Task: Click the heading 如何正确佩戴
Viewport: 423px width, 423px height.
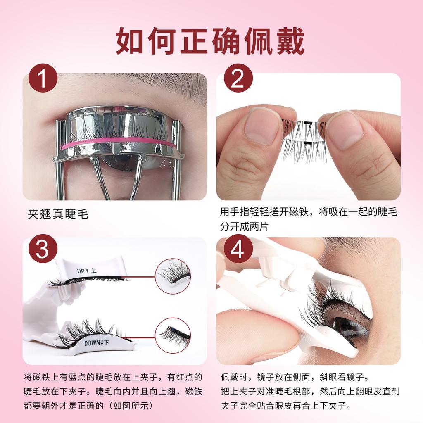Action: [210, 41]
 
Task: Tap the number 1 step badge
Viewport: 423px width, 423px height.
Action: [43, 78]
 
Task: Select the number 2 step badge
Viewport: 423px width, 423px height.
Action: [238, 78]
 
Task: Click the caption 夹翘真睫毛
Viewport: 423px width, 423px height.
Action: [58, 214]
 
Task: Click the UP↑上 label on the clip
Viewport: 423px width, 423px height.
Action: [86, 271]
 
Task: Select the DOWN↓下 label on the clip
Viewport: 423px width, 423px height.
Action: [96, 343]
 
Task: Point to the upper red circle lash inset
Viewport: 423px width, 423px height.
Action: [173, 276]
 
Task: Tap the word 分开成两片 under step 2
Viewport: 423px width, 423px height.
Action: [244, 226]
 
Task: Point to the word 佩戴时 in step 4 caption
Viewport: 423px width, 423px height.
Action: [234, 377]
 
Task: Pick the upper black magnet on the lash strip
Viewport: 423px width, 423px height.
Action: [307, 123]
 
